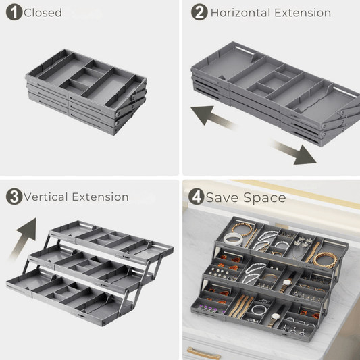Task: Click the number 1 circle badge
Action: point(14,12)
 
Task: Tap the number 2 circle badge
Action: point(199,12)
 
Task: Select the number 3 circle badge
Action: point(14,197)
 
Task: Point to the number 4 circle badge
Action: point(197,197)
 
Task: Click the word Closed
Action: point(43,13)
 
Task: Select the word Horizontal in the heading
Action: point(240,13)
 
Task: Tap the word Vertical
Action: point(46,197)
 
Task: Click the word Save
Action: point(222,197)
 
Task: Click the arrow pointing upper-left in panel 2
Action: point(212,117)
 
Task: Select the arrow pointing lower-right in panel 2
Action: point(294,152)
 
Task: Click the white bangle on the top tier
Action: point(233,239)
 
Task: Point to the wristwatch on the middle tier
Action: point(287,283)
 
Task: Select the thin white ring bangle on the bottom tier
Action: point(259,310)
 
